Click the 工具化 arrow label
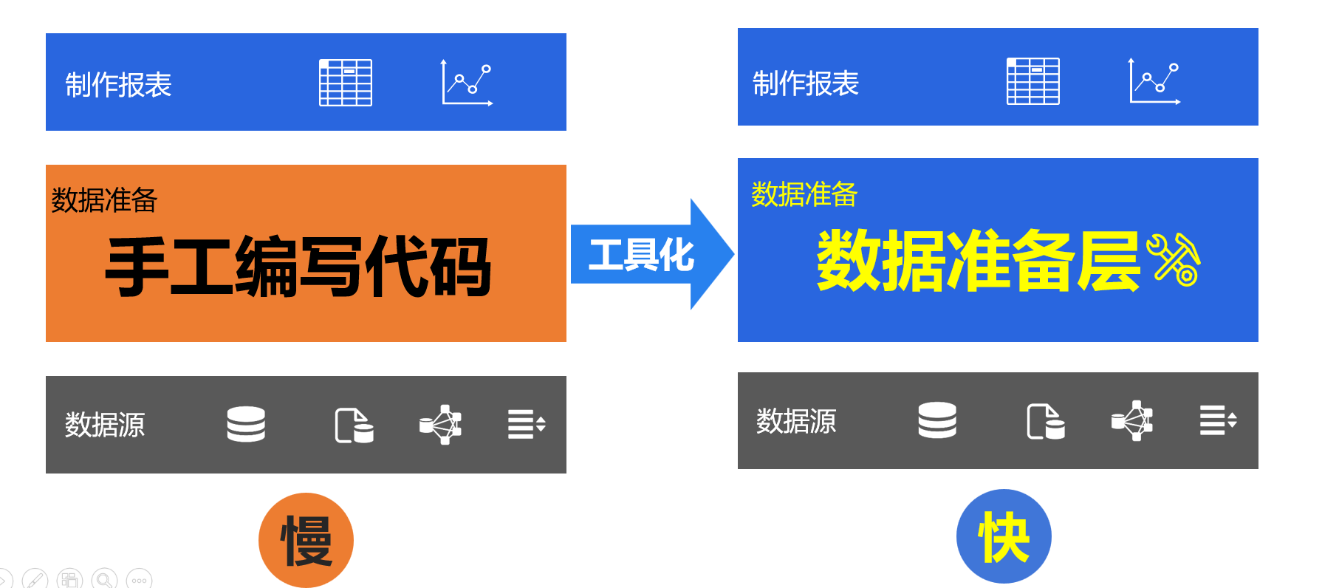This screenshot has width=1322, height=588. tap(641, 255)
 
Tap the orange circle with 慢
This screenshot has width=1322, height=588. tap(306, 540)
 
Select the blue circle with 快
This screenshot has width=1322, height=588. tap(1003, 536)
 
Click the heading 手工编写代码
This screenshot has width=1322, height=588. tap(298, 267)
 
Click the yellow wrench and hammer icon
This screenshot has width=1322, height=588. tap(1173, 259)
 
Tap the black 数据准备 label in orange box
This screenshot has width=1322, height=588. tap(104, 200)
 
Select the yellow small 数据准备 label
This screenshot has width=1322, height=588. tap(804, 194)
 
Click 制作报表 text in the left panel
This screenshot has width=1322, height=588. tap(118, 85)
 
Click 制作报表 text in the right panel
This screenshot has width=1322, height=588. tap(806, 83)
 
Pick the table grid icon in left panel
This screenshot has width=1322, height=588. tap(346, 83)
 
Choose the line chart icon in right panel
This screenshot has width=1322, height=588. tap(1154, 81)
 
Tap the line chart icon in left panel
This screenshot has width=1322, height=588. tap(467, 83)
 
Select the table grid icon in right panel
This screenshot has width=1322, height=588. tap(1033, 81)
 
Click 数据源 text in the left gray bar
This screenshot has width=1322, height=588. tap(105, 425)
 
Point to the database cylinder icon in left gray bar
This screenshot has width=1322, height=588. tap(246, 424)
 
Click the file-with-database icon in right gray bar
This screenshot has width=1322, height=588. tap(1046, 421)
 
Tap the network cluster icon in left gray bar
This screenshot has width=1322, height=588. tap(441, 424)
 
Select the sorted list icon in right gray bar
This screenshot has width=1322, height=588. tap(1218, 420)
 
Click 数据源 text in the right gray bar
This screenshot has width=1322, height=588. tap(796, 421)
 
